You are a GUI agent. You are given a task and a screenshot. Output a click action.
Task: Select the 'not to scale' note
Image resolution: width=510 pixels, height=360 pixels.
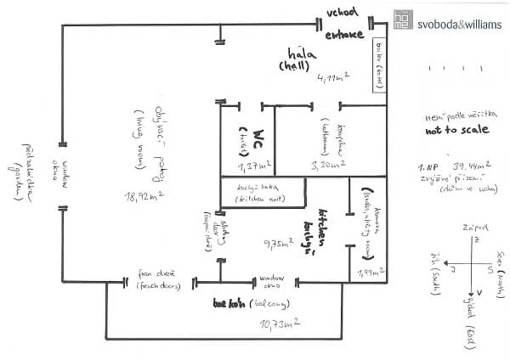click(456, 132)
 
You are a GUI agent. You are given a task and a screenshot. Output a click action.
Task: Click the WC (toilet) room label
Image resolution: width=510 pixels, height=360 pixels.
click(242, 138)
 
